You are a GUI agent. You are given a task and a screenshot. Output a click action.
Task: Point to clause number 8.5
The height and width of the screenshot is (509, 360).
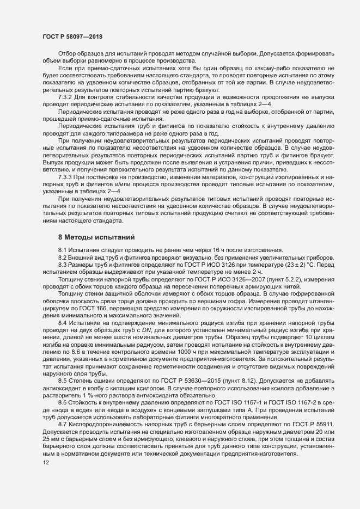63,382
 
